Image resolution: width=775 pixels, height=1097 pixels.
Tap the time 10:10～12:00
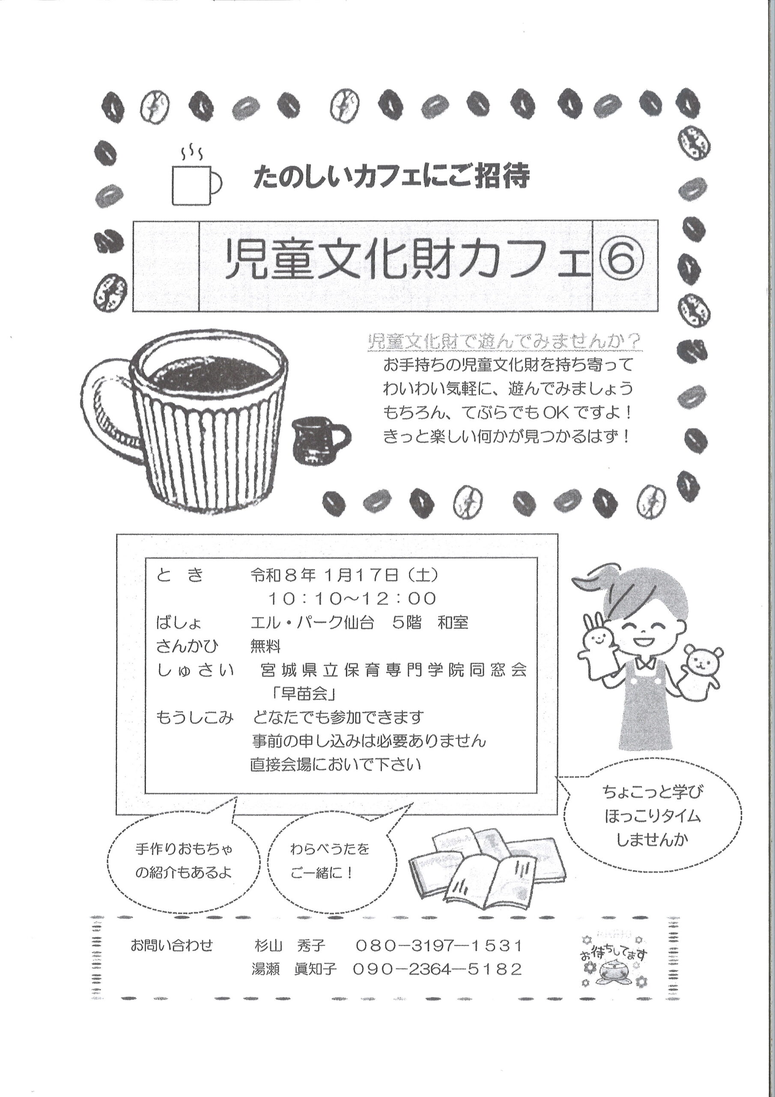(352, 598)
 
